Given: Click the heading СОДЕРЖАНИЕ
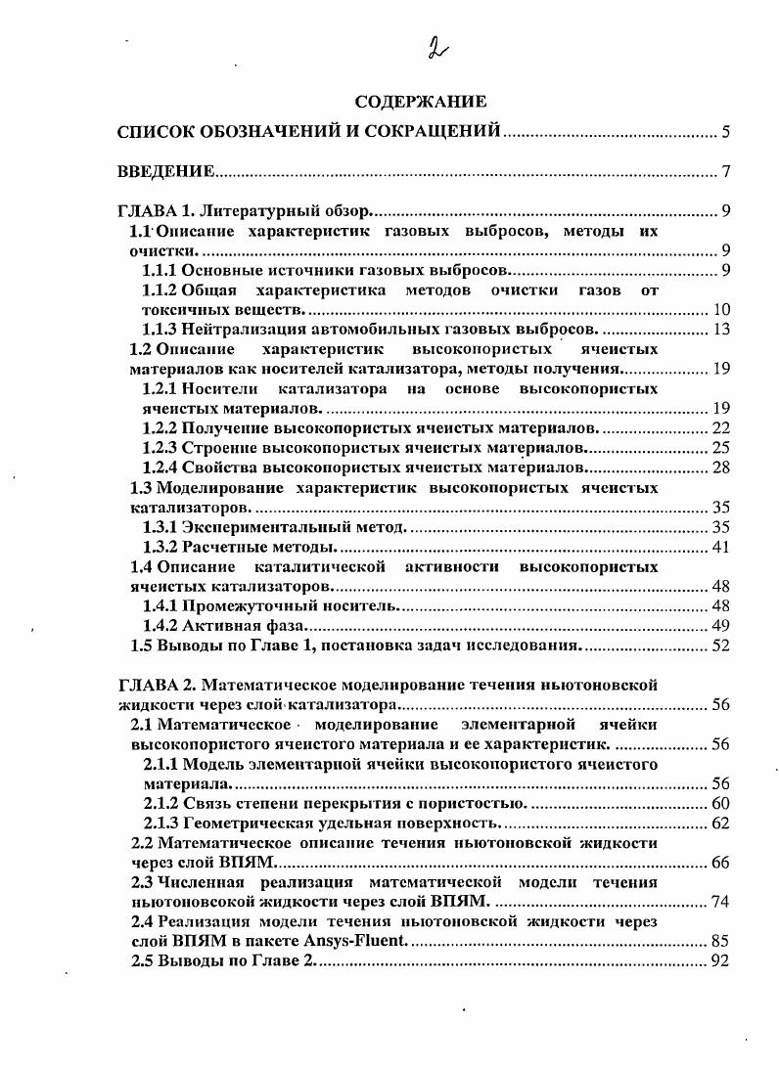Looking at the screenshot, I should [420, 101].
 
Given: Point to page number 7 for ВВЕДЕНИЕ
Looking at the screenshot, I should [727, 172].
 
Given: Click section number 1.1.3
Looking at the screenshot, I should [161, 328].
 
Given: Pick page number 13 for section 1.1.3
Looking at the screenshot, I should [722, 328].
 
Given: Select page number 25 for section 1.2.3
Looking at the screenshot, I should [722, 447].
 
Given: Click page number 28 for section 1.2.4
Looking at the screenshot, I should [722, 467].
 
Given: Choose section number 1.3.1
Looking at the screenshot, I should [161, 526].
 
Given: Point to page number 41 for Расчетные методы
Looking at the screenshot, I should [722, 546].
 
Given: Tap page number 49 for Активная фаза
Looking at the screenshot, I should [722, 625].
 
